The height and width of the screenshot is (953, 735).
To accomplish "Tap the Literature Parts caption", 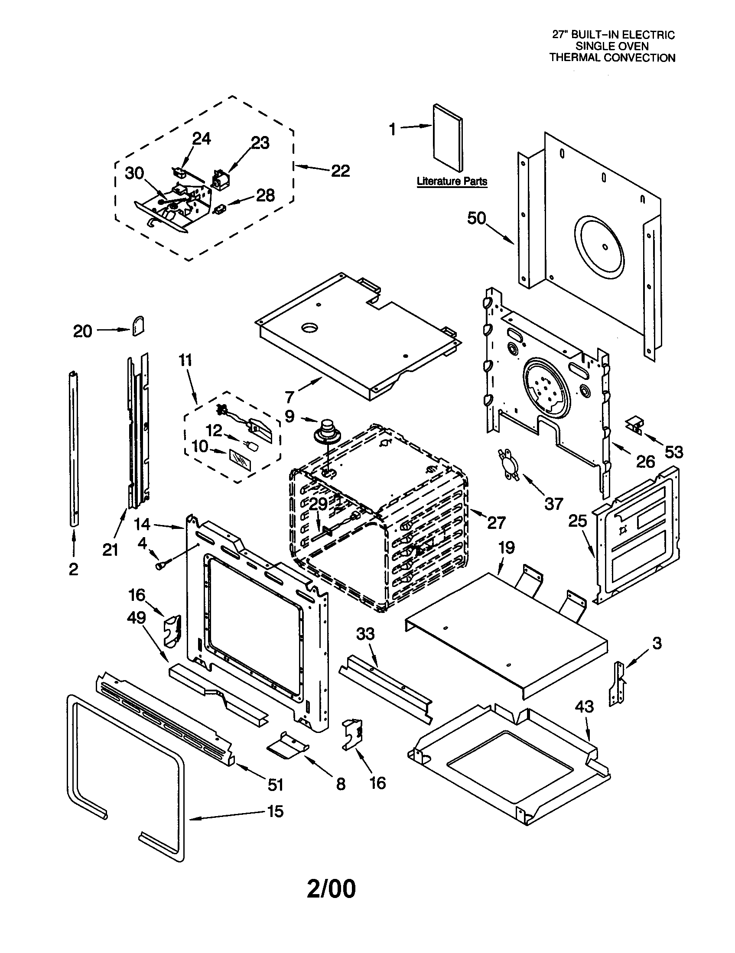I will [452, 181].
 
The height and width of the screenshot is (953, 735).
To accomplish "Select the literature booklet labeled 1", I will [448, 138].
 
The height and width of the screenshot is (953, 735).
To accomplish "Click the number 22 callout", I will [341, 171].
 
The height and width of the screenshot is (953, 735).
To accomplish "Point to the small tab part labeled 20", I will [138, 325].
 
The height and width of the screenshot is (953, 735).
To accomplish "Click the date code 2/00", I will [331, 889].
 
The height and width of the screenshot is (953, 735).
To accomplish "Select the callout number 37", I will [554, 504].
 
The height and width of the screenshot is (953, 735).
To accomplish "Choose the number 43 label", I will [584, 706].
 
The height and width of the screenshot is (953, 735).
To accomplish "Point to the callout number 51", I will [275, 785].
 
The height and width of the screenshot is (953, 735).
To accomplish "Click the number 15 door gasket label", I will [275, 811].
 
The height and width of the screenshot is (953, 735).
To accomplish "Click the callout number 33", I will [365, 634].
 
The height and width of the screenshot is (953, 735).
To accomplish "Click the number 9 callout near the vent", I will [290, 416].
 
